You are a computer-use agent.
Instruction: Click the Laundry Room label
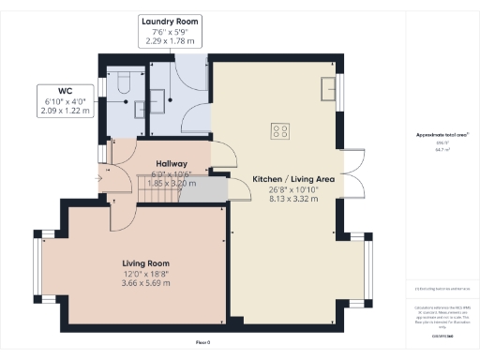pyautogui.click(x=170, y=21)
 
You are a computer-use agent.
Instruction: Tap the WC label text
pyautogui.click(x=66, y=92)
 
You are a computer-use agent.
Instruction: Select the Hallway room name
pyautogui.click(x=172, y=164)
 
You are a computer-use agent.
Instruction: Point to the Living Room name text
pyautogui.click(x=144, y=262)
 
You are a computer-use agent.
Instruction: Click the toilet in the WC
pyautogui.click(x=122, y=82)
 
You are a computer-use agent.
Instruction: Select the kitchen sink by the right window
pyautogui.click(x=328, y=89)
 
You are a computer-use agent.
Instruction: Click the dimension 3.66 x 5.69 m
pyautogui.click(x=144, y=283)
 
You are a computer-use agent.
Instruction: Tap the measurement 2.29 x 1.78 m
pyautogui.click(x=170, y=41)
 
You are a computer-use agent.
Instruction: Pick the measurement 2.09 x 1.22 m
pyautogui.click(x=66, y=112)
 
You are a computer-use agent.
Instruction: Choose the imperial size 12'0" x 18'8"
pyautogui.click(x=144, y=273)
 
